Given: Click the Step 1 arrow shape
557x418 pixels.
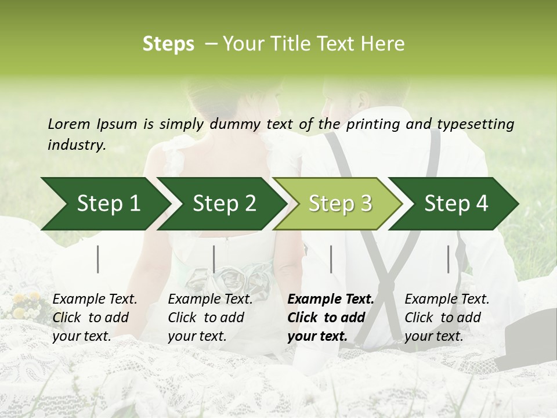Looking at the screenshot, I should [104, 204].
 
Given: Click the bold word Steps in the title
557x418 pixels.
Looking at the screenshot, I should [168, 44].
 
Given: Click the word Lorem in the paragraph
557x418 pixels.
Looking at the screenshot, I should [68, 124].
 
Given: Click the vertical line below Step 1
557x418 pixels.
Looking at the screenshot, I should [98, 259].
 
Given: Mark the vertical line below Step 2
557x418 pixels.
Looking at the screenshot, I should [214, 259].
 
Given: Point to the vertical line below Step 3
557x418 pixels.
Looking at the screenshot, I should [331, 259].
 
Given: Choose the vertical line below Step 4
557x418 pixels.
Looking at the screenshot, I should [448, 259].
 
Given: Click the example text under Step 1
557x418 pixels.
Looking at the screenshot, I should [94, 318].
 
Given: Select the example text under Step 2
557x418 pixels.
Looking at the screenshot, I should [210, 318].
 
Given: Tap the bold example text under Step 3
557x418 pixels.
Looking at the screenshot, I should [331, 318].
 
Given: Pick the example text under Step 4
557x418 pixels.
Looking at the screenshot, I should [447, 318].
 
